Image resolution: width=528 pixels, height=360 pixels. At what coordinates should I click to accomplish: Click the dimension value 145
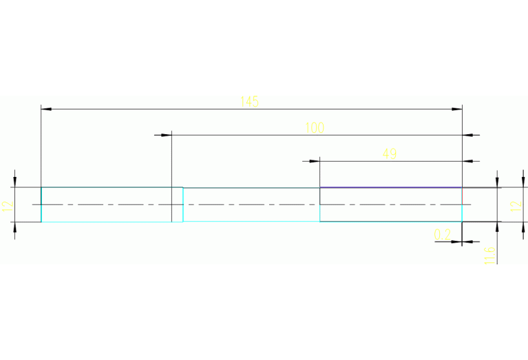pyautogui.click(x=249, y=102)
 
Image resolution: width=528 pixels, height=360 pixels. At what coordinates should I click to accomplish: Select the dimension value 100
pyautogui.click(x=314, y=127)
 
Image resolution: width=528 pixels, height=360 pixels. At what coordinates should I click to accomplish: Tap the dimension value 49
pyautogui.click(x=390, y=153)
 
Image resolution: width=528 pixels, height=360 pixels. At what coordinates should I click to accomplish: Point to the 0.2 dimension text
pyautogui.click(x=443, y=235)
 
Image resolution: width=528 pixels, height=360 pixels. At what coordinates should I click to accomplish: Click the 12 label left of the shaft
pyautogui.click(x=8, y=204)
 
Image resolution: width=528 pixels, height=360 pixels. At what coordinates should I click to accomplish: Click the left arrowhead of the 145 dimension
pyautogui.click(x=47, y=109)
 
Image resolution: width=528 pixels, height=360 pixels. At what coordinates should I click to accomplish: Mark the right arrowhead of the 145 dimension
pyautogui.click(x=456, y=109)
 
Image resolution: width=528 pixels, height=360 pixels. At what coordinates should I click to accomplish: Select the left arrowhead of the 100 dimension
pyautogui.click(x=165, y=135)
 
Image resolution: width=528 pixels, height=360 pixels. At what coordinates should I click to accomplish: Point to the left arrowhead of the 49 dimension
pyautogui.click(x=315, y=161)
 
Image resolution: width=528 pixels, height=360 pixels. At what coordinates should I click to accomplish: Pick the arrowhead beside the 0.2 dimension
pyautogui.click(x=467, y=242)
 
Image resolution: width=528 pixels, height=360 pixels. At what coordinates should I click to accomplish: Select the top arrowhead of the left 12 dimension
pyautogui.click(x=15, y=182)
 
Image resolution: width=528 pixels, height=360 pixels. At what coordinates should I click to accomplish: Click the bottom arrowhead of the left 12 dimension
pyautogui.click(x=15, y=227)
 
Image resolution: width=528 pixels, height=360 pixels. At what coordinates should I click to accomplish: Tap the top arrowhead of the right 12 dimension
pyautogui.click(x=497, y=182)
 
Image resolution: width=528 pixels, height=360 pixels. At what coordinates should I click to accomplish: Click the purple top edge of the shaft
pyautogui.click(x=390, y=187)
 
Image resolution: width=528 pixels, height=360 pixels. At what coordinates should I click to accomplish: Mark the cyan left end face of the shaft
pyautogui.click(x=41, y=204)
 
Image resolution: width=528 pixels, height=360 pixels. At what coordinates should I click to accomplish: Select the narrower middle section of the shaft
pyautogui.click(x=251, y=204)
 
